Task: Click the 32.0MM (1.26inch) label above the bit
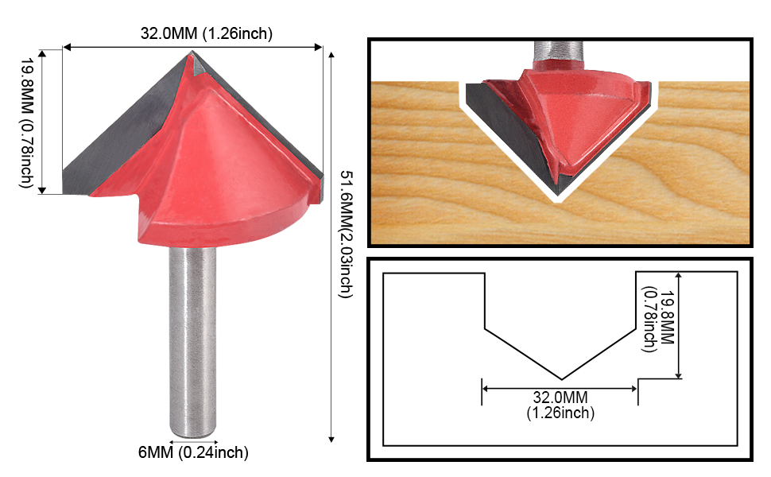click(206, 33)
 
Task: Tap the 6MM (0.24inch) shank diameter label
click(193, 452)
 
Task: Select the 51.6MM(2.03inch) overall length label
click(347, 234)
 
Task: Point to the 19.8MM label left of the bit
click(26, 123)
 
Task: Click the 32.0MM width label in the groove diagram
click(560, 405)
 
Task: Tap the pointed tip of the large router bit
click(192, 52)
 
